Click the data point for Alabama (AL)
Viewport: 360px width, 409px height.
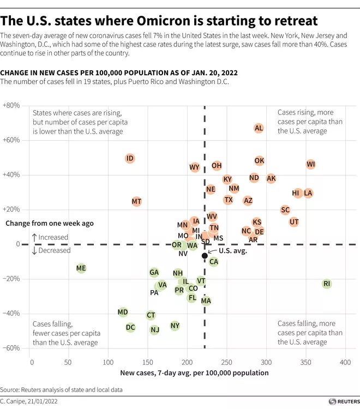pyautogui.click(x=259, y=128)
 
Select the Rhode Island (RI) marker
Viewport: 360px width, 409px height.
pyautogui.click(x=327, y=284)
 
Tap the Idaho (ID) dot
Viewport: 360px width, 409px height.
pyautogui.click(x=130, y=159)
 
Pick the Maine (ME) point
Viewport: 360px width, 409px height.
pyautogui.click(x=81, y=268)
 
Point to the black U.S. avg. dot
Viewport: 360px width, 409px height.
pyautogui.click(x=205, y=255)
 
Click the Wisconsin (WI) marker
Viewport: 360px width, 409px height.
pyautogui.click(x=310, y=164)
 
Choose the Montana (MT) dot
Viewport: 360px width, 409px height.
pyautogui.click(x=137, y=202)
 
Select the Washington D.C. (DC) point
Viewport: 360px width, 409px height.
pyautogui.click(x=130, y=328)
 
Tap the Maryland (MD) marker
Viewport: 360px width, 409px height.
pyautogui.click(x=123, y=312)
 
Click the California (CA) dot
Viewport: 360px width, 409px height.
pyautogui.click(x=214, y=262)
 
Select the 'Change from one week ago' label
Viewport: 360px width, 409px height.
pyautogui.click(x=50, y=223)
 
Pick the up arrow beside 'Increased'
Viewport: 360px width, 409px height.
pyautogui.click(x=34, y=237)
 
